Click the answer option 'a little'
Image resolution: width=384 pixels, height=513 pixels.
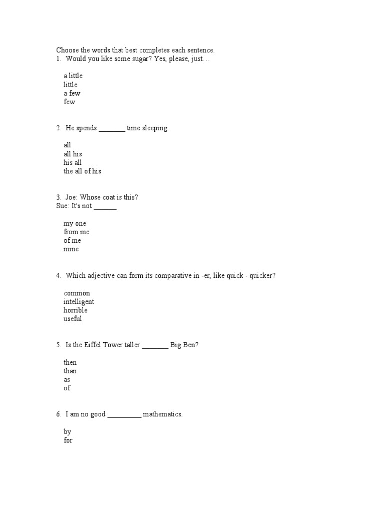[x=73, y=76]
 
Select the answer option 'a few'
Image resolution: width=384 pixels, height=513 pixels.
[x=72, y=93]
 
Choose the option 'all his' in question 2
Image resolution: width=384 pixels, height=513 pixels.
[x=73, y=154]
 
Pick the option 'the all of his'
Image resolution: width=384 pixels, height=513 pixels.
[x=82, y=171]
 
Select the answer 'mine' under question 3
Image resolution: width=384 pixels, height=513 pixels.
[x=71, y=249]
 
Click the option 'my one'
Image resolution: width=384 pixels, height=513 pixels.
[x=75, y=223]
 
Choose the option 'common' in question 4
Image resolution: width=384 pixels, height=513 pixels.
[x=77, y=293]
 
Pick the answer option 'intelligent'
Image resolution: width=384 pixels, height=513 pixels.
[x=79, y=302]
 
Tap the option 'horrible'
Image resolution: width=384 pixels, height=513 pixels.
[x=75, y=310]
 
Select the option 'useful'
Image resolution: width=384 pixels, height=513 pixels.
[x=73, y=319]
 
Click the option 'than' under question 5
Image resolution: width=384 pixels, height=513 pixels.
[x=70, y=371]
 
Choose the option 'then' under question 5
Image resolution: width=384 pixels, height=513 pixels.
[x=70, y=362]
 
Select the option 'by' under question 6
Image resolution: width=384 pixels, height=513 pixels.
[x=68, y=432]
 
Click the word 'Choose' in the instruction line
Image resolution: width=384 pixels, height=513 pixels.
[x=67, y=50]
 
